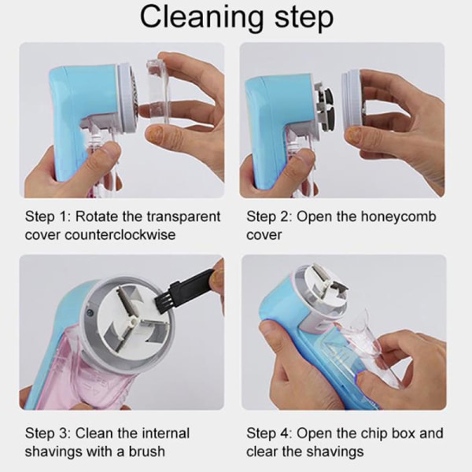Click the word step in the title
(304, 19)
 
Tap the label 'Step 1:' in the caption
(47, 216)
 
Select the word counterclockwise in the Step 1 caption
(120, 234)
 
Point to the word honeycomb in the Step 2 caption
(398, 217)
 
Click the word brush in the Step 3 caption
(147, 452)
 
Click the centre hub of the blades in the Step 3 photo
(131, 321)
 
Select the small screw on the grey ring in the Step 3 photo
(90, 313)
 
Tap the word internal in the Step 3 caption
(165, 433)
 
